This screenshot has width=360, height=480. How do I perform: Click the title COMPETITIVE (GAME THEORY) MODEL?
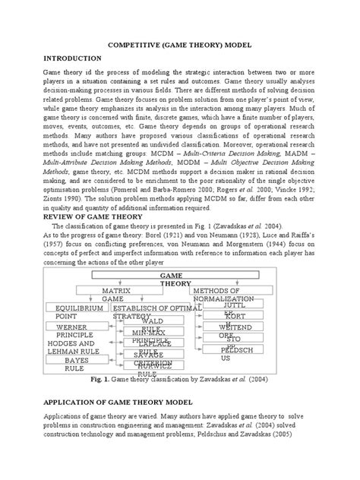click(180, 45)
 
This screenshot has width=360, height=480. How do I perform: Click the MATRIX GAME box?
click(112, 294)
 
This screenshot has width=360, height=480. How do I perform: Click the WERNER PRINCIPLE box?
click(71, 330)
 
